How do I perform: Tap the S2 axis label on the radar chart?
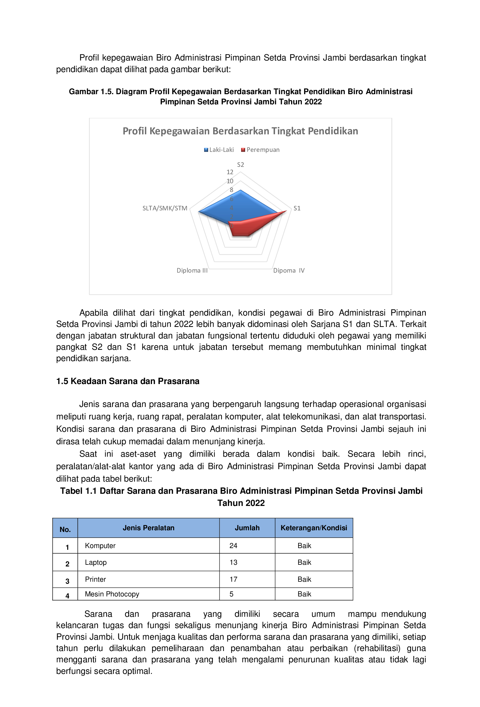click(x=240, y=165)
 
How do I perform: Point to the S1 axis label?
click(x=297, y=208)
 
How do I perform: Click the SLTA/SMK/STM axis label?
click(x=165, y=208)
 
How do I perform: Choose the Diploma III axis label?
click(x=192, y=270)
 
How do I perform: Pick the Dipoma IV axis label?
click(x=289, y=270)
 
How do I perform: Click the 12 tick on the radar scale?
click(x=230, y=172)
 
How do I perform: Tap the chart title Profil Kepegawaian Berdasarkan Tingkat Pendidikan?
click(x=240, y=131)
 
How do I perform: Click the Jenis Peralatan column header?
click(x=148, y=528)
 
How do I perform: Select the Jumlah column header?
click(x=247, y=528)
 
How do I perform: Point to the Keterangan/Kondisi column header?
click(x=313, y=528)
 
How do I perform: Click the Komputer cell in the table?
click(x=100, y=546)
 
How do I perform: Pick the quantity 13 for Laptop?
click(x=233, y=562)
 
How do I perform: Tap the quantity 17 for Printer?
click(x=233, y=579)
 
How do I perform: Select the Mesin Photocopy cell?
click(x=112, y=594)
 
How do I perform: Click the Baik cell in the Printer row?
click(x=304, y=579)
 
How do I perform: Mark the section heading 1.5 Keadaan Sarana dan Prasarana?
click(x=128, y=381)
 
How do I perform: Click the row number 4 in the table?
click(x=67, y=596)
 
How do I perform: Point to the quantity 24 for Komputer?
click(x=233, y=546)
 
